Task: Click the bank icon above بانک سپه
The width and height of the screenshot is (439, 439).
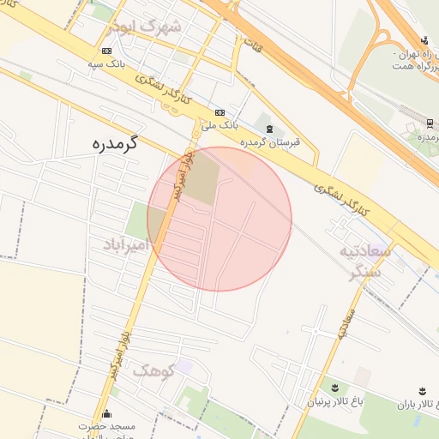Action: (x=105, y=51)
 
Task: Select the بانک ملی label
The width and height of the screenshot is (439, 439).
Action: (x=219, y=125)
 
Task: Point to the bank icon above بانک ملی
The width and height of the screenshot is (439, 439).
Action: (x=219, y=112)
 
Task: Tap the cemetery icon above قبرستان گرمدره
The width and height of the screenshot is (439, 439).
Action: (x=269, y=129)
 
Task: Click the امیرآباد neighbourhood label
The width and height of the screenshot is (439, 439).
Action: (x=126, y=246)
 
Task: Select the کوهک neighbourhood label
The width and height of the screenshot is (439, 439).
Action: (x=153, y=370)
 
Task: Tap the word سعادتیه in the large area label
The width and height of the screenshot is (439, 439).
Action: (x=365, y=251)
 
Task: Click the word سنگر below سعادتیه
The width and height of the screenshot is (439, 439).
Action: (x=370, y=273)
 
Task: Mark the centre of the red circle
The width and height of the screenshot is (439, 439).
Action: (x=219, y=219)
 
